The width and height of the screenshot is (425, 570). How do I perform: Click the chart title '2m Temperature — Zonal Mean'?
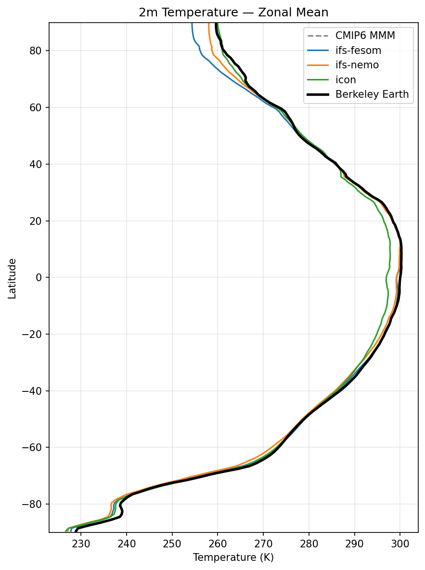click(233, 13)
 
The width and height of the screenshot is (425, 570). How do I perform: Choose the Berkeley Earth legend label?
click(372, 95)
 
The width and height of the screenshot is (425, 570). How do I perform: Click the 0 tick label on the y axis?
click(41, 277)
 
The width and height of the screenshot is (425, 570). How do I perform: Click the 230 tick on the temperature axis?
click(80, 542)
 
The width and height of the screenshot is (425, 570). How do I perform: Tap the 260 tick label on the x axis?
click(218, 542)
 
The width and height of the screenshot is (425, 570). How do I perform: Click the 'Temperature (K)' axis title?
click(233, 557)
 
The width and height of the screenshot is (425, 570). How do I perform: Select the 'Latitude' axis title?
click(13, 278)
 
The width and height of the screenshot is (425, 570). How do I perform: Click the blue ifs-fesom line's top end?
click(192, 23)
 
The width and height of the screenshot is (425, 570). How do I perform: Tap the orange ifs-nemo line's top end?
click(208, 23)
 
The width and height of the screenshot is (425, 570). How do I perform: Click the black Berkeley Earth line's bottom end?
click(76, 531)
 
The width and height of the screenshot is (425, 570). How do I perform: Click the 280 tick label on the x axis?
click(309, 542)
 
